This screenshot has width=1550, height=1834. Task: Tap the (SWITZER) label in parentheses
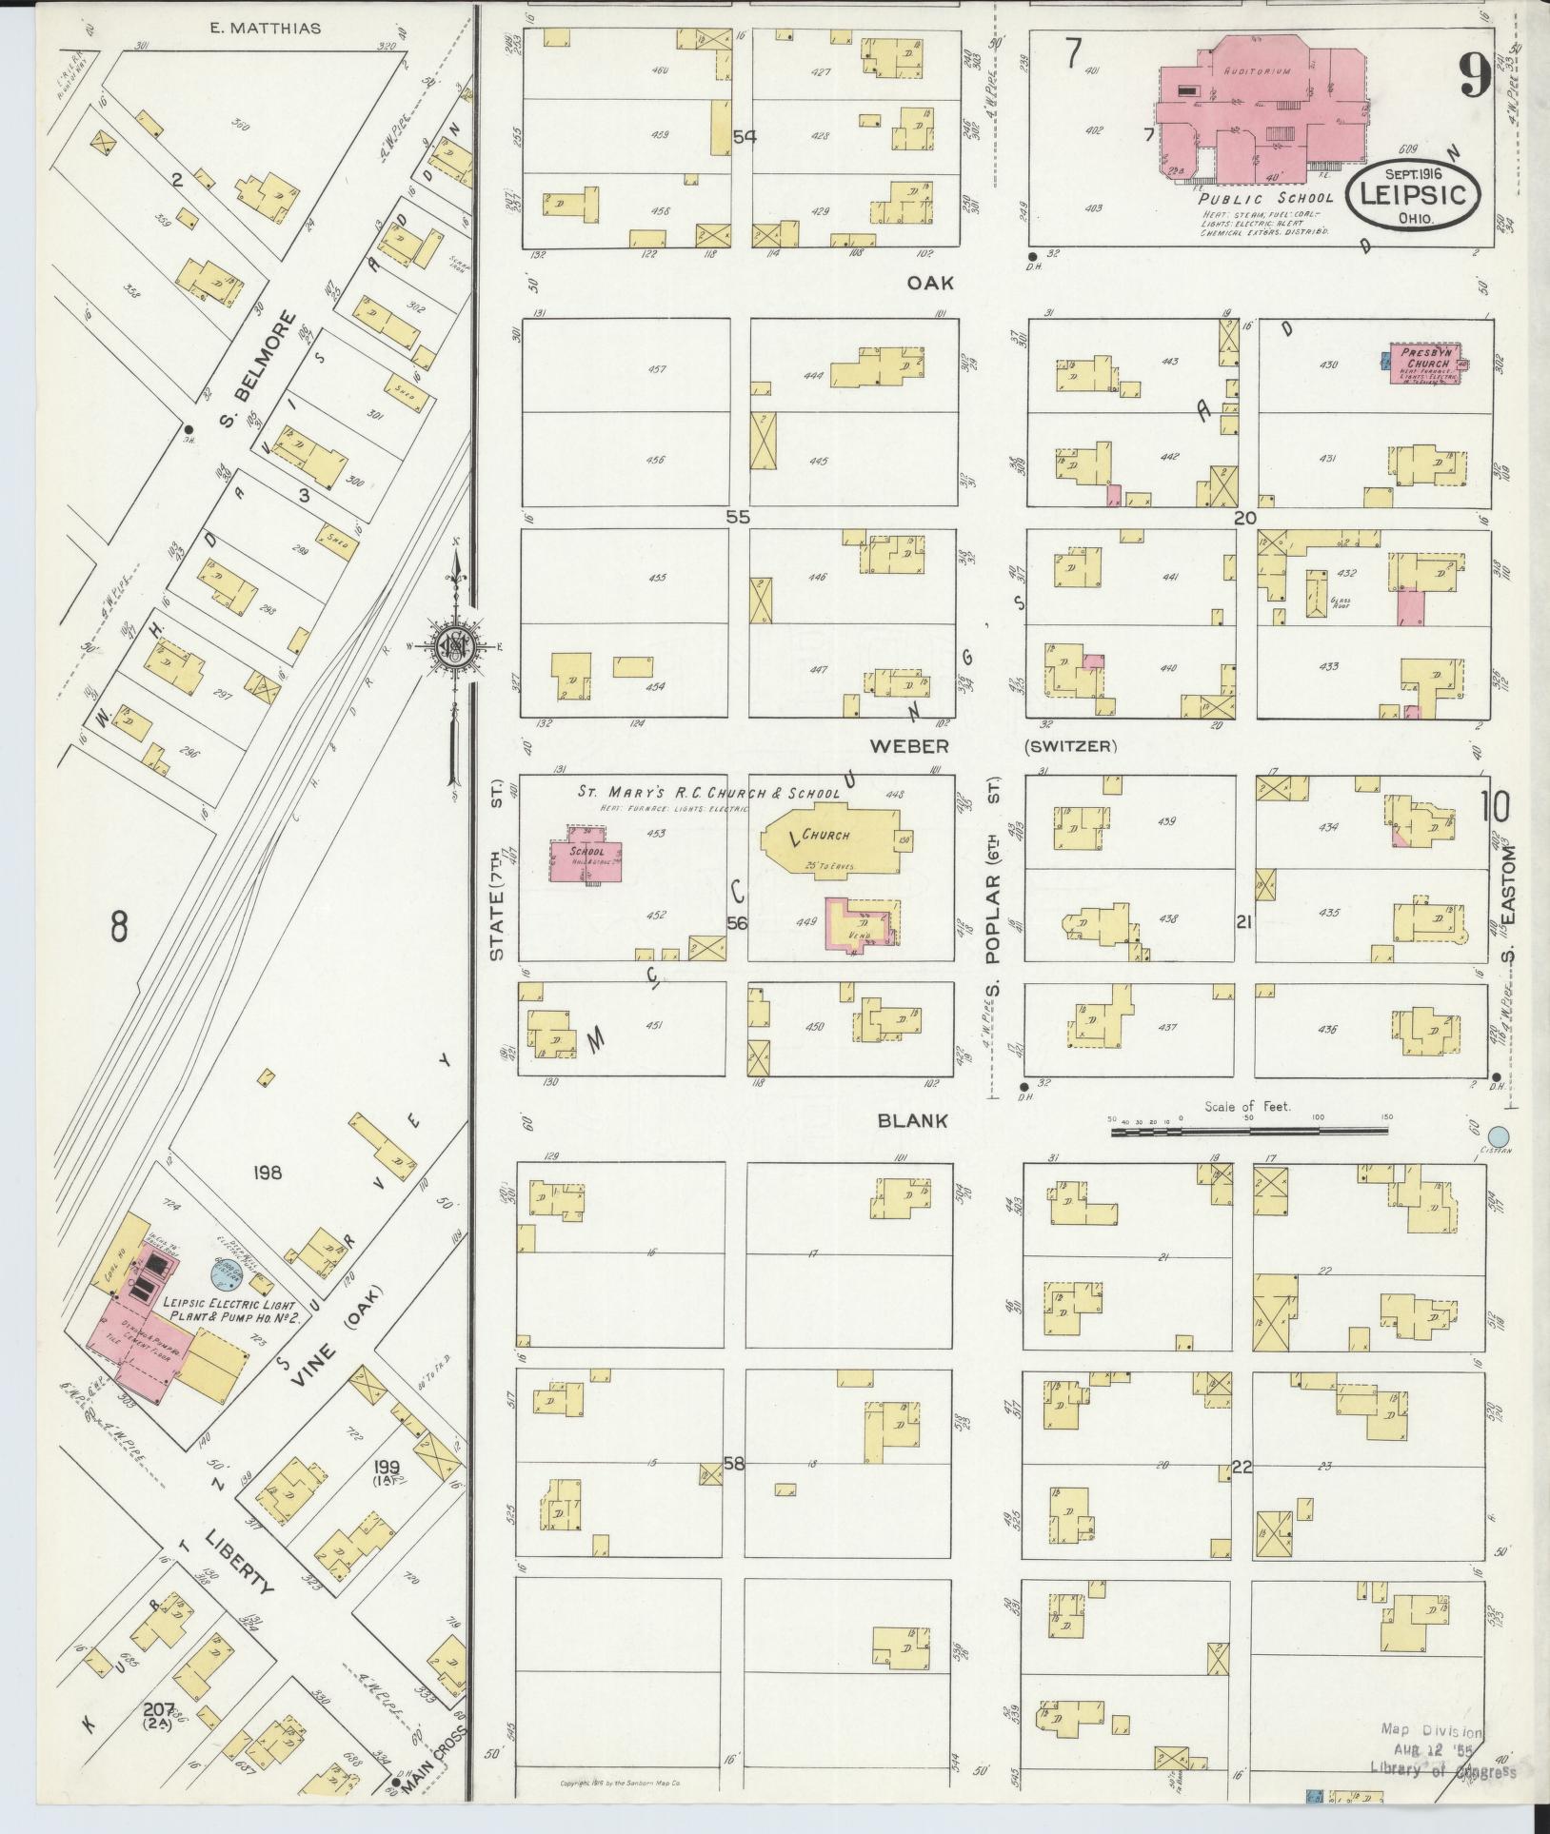pyautogui.click(x=1070, y=746)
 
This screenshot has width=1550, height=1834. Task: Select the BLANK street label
pyautogui.click(x=911, y=1121)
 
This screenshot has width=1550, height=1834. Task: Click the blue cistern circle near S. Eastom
pyautogui.click(x=1499, y=1136)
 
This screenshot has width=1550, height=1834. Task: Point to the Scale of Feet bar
pyautogui.click(x=1247, y=1132)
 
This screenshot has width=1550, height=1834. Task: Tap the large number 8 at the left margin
pyautogui.click(x=118, y=926)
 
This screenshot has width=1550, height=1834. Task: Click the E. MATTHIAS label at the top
pyautogui.click(x=265, y=29)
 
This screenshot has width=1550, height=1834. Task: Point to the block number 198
pyautogui.click(x=268, y=1173)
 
